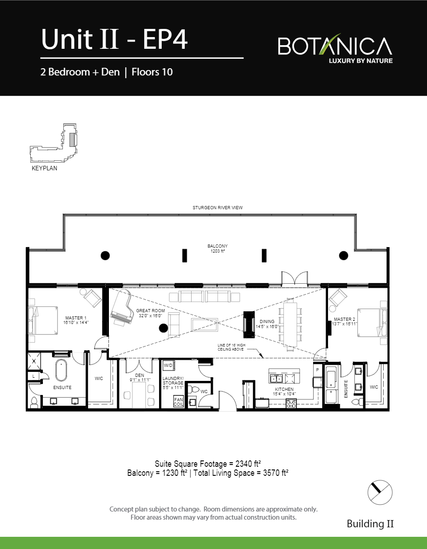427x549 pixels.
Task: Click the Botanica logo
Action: coord(335,48)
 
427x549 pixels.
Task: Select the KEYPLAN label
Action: coord(44,169)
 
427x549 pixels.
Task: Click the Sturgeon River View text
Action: coord(218,208)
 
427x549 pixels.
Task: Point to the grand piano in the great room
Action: coord(121,307)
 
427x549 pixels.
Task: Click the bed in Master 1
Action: coord(43,319)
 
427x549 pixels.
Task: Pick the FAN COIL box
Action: coord(179,402)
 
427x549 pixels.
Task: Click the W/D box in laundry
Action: coord(168,365)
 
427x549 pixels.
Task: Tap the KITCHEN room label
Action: coord(285,389)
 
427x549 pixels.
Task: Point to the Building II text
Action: coord(370,524)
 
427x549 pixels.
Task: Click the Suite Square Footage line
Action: coord(208,464)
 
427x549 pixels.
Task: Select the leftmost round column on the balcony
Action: coord(105,256)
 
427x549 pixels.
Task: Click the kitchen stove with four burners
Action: coord(291,404)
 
